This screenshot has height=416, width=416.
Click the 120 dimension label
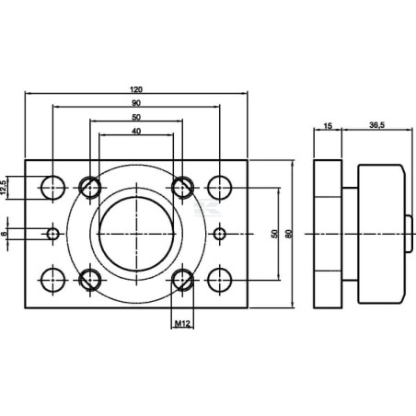[136, 89]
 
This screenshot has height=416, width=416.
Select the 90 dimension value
[136, 103]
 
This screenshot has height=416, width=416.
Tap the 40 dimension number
[136, 132]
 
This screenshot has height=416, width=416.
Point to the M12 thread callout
[182, 323]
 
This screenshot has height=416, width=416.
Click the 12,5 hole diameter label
[4, 188]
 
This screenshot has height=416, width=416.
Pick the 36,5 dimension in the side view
[377, 125]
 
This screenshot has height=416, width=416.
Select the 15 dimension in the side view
[328, 126]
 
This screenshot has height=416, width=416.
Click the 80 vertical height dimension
[288, 234]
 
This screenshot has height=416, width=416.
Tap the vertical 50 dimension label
[274, 234]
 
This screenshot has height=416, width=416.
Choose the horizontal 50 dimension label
[136, 117]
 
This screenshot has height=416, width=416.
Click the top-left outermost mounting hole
[53, 188]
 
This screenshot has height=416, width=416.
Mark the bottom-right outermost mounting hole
[220, 280]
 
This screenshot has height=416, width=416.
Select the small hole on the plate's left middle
[53, 234]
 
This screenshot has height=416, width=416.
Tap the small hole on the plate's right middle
[220, 234]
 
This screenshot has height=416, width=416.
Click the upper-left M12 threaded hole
[90, 188]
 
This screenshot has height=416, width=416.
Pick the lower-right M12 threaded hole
[182, 280]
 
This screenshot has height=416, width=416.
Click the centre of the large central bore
[136, 234]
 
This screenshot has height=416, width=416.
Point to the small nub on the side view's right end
[409, 234]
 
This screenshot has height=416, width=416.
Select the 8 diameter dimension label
[4, 234]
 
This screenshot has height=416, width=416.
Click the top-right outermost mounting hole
[220, 188]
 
